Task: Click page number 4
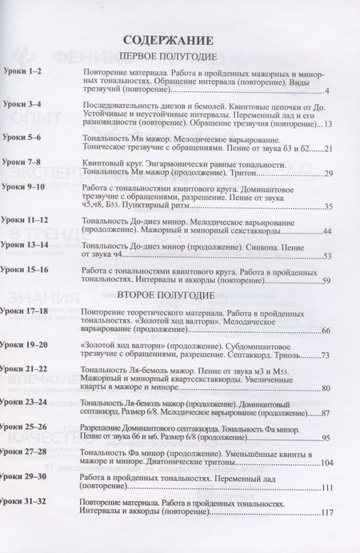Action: (x=328, y=92)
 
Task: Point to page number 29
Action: (x=326, y=173)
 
